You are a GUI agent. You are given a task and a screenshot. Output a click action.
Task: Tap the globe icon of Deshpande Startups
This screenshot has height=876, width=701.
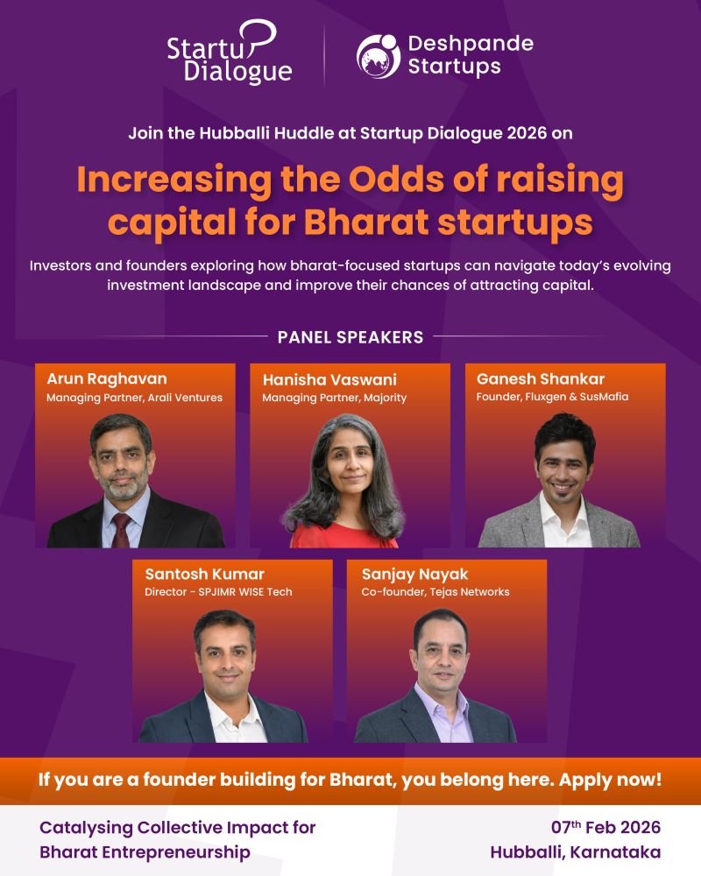(x=379, y=55)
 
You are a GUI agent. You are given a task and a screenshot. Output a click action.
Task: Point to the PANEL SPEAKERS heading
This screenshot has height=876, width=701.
(x=350, y=336)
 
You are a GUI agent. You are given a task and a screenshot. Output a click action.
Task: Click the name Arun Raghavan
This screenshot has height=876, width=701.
(x=106, y=378)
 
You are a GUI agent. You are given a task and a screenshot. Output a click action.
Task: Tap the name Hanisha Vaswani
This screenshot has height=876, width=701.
(x=329, y=380)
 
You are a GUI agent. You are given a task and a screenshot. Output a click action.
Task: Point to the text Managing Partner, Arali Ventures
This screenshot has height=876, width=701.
(x=134, y=398)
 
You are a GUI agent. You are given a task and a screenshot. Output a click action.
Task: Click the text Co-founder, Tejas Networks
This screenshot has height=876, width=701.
(x=435, y=592)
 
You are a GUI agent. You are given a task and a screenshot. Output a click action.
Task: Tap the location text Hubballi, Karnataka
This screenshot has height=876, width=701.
(x=576, y=852)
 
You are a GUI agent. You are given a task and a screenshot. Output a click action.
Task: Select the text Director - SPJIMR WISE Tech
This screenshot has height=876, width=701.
(x=218, y=592)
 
